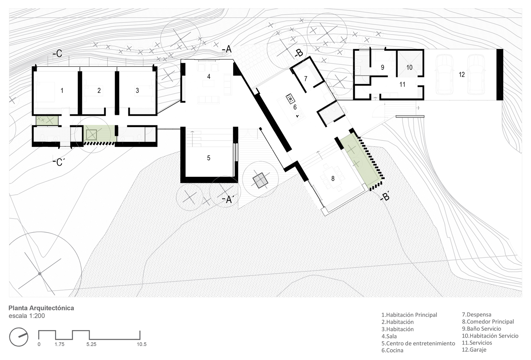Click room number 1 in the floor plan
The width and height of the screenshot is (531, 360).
(x=62, y=90)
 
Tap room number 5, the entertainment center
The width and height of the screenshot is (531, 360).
(x=209, y=158)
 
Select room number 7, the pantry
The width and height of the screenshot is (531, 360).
(x=306, y=78)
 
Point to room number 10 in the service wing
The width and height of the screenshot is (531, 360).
(x=410, y=68)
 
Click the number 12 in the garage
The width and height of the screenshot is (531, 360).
(x=462, y=75)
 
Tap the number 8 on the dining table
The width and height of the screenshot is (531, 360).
(x=333, y=179)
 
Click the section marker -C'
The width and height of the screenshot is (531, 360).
(x=59, y=162)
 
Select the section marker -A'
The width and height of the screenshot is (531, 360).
(x=228, y=200)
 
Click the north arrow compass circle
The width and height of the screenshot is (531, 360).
(x=19, y=337)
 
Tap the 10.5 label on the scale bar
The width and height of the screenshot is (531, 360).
(x=141, y=345)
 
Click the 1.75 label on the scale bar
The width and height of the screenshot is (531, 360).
(x=59, y=345)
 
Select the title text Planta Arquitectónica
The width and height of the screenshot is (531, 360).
(x=41, y=308)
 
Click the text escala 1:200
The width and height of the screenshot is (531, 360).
(x=27, y=316)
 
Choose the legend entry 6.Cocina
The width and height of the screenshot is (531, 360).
(x=392, y=350)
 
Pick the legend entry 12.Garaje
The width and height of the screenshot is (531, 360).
(x=474, y=350)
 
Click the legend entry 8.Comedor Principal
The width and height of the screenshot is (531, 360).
(x=488, y=322)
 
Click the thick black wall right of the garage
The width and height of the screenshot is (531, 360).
(x=500, y=75)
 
